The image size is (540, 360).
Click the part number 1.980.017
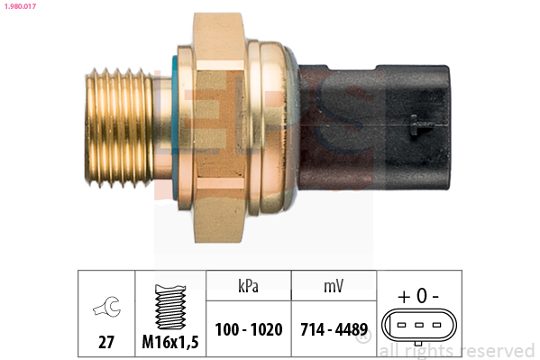pyautogui.click(x=20, y=6)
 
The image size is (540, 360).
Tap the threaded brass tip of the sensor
pyautogui.click(x=119, y=128)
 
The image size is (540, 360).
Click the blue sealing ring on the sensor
pyautogui.click(x=175, y=127)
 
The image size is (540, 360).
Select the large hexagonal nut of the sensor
pyautogui.click(x=219, y=127)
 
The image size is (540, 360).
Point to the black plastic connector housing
pyautogui.click(x=373, y=127)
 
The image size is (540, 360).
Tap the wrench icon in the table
pyautogui.click(x=107, y=306)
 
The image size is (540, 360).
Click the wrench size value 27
pyautogui.click(x=106, y=342)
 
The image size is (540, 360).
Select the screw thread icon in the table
pyautogui.click(x=170, y=307)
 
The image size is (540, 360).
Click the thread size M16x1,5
pyautogui.click(x=170, y=342)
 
